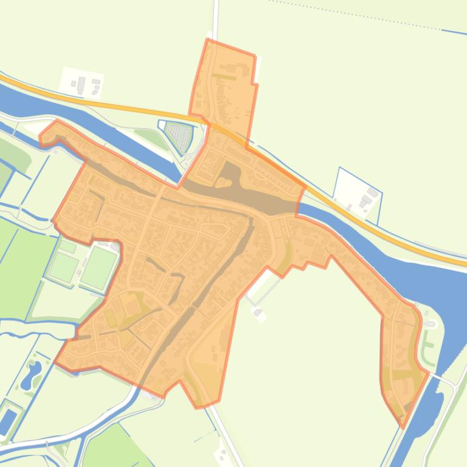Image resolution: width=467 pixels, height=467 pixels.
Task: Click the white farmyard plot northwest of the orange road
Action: coord(81,82)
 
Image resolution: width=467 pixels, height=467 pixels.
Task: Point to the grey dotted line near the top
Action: coord(364,16)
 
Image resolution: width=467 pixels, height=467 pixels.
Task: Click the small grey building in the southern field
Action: coord(258,313)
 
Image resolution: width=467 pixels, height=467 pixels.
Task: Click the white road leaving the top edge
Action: coord(215,18)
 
